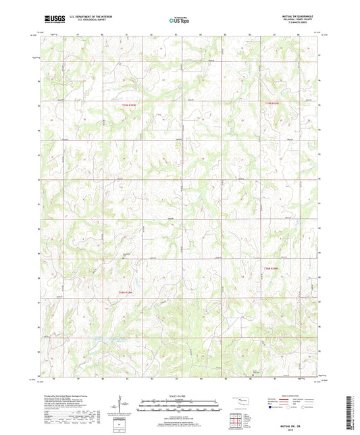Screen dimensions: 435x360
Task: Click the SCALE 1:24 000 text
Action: (180, 396)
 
